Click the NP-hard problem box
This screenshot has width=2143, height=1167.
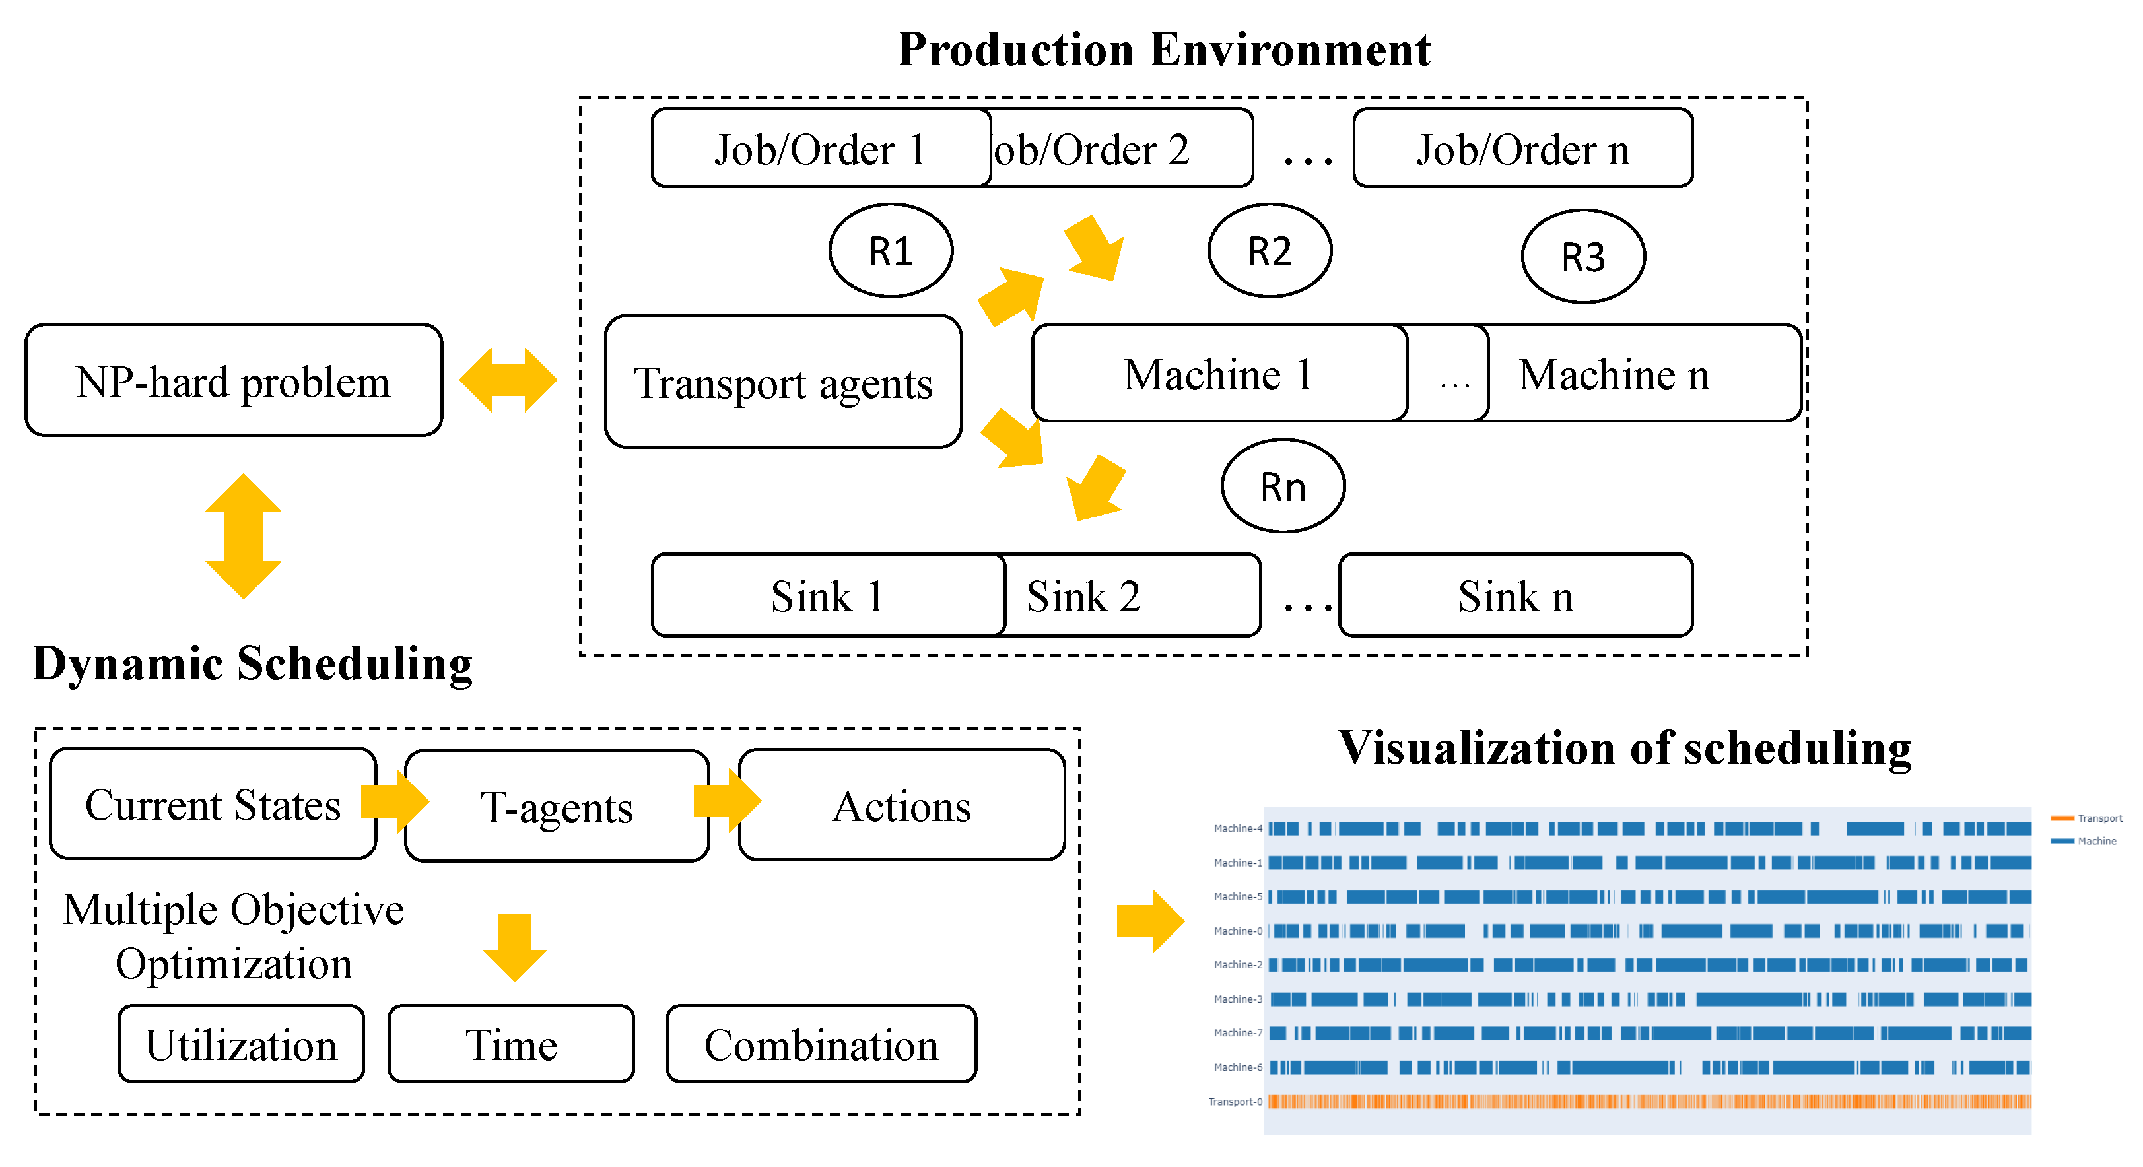pyautogui.click(x=233, y=380)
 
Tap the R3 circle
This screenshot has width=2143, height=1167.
pyautogui.click(x=1582, y=256)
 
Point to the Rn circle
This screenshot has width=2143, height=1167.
pyautogui.click(x=1282, y=486)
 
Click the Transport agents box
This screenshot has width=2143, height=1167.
pyautogui.click(x=783, y=382)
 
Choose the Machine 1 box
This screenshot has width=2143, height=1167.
pyautogui.click(x=1218, y=374)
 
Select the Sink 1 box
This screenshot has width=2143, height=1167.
pyautogui.click(x=827, y=595)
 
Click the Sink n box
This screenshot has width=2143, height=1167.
pyautogui.click(x=1515, y=595)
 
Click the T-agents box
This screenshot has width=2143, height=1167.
pyautogui.click(x=557, y=807)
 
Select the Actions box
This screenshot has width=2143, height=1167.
pyautogui.click(x=901, y=806)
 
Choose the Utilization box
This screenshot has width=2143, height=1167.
pyautogui.click(x=241, y=1044)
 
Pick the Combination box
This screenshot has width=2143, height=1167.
pyautogui.click(x=821, y=1044)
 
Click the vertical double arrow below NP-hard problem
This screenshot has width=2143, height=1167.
pyautogui.click(x=243, y=537)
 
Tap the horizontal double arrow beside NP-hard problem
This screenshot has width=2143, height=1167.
pyautogui.click(x=508, y=380)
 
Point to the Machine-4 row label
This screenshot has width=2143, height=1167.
pyautogui.click(x=1237, y=828)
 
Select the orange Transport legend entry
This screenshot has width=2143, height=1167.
pyautogui.click(x=2088, y=818)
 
